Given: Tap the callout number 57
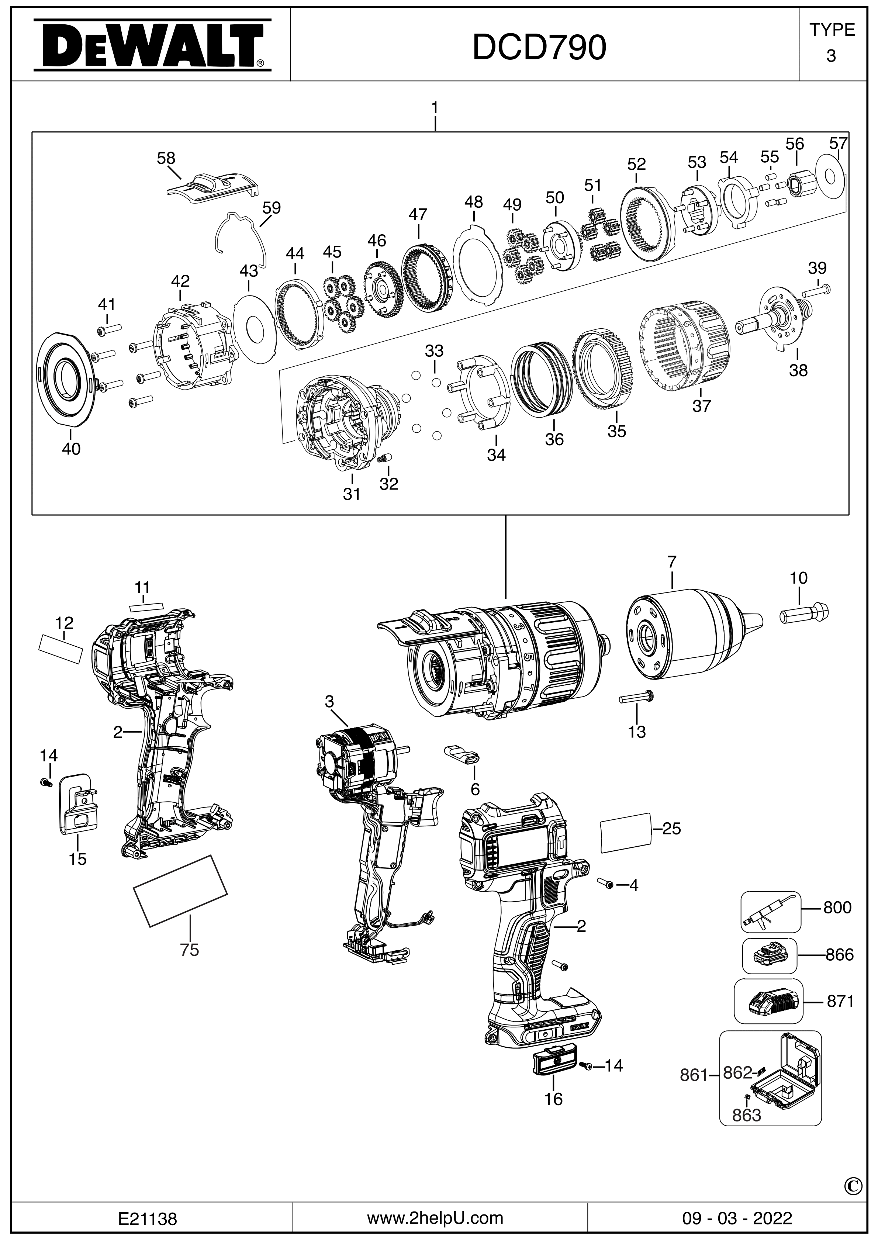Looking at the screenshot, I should pyautogui.click(x=838, y=144).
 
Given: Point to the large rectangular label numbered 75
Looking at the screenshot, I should pyautogui.click(x=180, y=890).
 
